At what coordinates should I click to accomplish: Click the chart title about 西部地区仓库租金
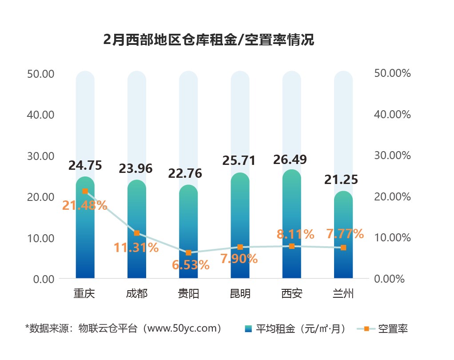(208, 40)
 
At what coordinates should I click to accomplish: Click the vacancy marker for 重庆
(85, 191)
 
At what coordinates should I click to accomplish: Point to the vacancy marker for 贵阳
(188, 252)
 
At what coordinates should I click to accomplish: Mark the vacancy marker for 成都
(137, 233)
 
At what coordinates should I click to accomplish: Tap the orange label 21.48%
(85, 205)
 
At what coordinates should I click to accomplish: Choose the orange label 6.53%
(191, 265)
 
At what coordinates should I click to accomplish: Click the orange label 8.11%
(295, 234)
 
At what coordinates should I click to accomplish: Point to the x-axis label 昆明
(240, 294)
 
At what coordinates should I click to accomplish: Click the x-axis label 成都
(136, 294)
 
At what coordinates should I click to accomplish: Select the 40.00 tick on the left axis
(40, 115)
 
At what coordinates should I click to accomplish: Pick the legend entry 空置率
(382, 329)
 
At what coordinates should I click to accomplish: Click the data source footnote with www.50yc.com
(123, 328)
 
